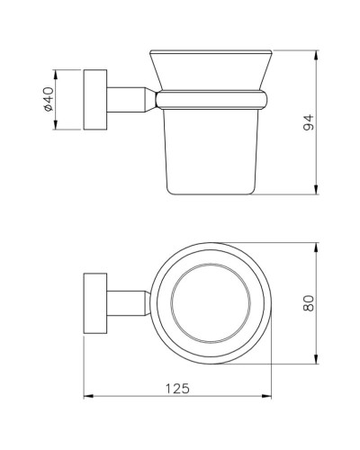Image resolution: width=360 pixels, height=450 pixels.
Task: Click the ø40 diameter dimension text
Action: point(48,99)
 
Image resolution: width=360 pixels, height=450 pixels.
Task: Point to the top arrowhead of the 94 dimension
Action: point(316,54)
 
